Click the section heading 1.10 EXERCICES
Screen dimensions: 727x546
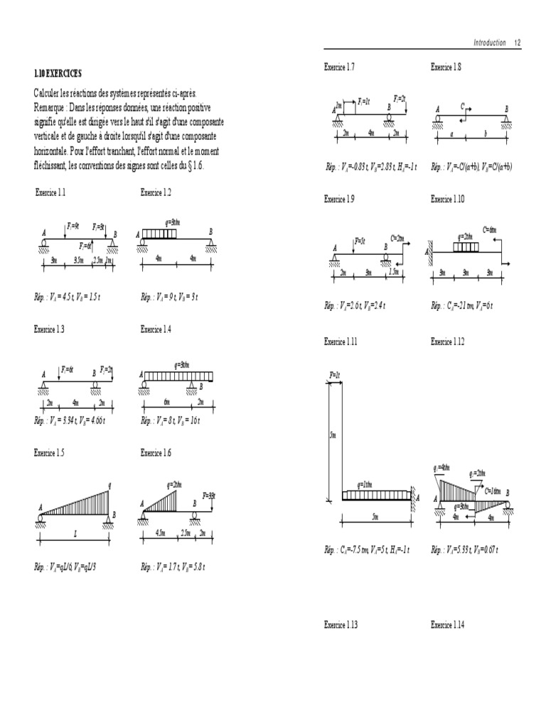tap(58, 73)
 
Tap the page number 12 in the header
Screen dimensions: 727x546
tap(518, 43)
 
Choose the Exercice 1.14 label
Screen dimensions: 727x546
tap(447, 624)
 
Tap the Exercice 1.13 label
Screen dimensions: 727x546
tap(341, 624)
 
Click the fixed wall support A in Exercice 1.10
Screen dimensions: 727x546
tap(429, 251)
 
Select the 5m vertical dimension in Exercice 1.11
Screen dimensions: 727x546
tap(332, 435)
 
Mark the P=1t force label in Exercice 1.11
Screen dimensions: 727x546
tap(335, 374)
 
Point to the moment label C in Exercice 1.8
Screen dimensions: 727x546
tap(462, 106)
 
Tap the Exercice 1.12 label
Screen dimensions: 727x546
tap(447, 341)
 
